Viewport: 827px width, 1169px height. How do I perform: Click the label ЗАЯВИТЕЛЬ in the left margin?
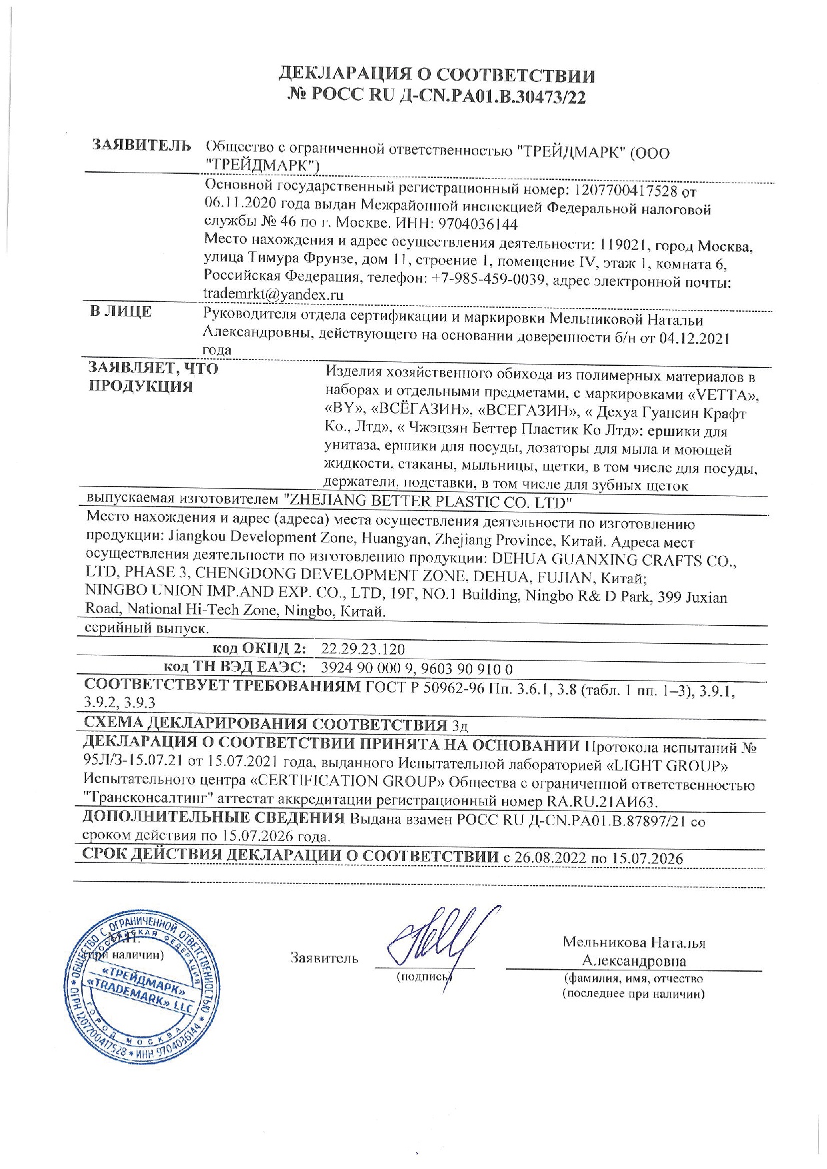click(x=141, y=145)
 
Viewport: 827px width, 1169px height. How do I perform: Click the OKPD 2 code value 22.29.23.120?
click(x=363, y=649)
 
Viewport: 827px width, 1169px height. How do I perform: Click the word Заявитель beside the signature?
click(x=324, y=958)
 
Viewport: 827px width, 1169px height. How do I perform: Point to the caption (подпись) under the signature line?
click(x=424, y=977)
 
